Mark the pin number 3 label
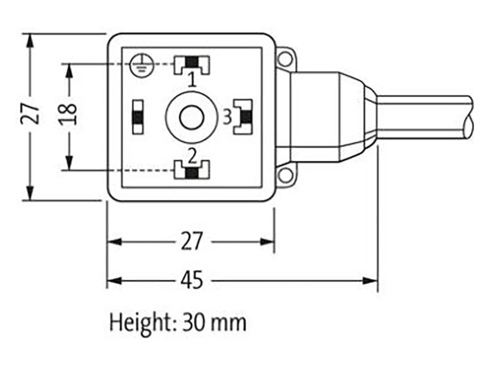227,115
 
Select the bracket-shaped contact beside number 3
243,115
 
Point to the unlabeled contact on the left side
138,115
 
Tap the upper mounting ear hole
284,59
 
